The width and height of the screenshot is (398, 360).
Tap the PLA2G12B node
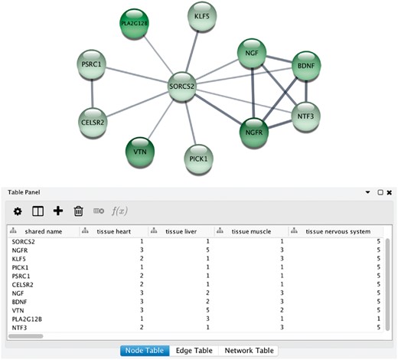[134, 24]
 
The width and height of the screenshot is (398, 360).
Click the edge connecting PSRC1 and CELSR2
[93, 92]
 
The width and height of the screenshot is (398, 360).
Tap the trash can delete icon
[78, 211]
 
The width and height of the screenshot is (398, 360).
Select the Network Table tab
[248, 350]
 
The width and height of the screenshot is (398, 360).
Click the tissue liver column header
[181, 231]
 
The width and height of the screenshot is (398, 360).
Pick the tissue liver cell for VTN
[209, 309]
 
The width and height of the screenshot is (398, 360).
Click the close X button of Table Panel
[389, 192]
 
